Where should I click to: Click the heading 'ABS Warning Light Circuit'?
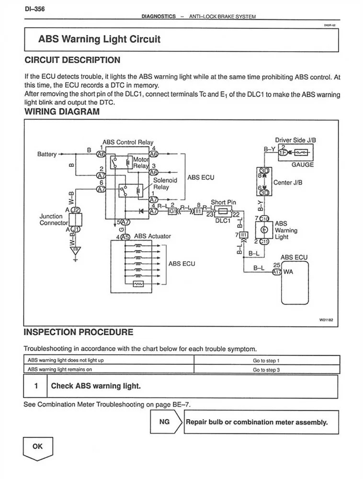point(99,39)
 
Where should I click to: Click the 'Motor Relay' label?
point(141,163)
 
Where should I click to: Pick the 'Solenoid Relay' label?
point(165,184)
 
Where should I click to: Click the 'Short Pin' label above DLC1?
point(223,202)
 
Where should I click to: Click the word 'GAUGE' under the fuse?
point(302,164)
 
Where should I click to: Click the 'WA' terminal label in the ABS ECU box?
point(288,272)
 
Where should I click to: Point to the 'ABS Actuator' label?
point(152,236)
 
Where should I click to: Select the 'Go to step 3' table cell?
point(266,370)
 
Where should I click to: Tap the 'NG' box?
point(164,422)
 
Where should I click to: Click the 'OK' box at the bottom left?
point(37,446)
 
